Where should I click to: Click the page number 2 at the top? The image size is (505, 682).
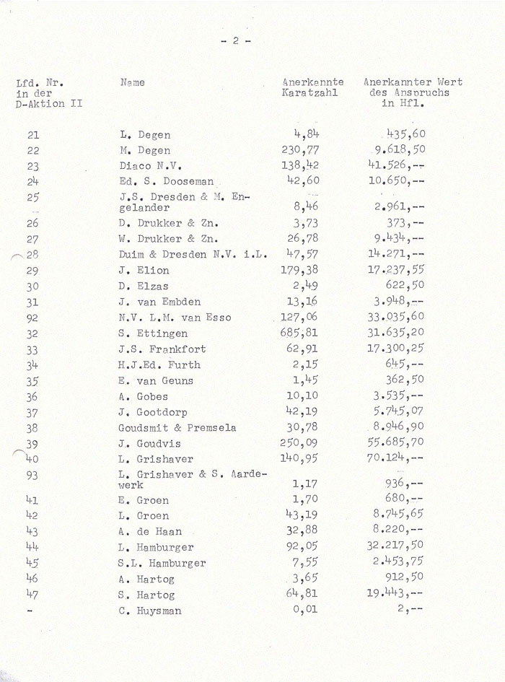pyautogui.click(x=235, y=41)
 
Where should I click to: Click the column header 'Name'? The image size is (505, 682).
pyautogui.click(x=132, y=83)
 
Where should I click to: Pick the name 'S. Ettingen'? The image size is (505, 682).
pyautogui.click(x=153, y=333)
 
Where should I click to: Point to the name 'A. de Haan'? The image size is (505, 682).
pyautogui.click(x=149, y=532)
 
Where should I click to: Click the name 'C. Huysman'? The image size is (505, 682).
pyautogui.click(x=150, y=611)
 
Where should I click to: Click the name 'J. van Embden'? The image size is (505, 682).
pyautogui.click(x=159, y=302)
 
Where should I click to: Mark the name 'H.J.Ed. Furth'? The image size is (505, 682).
pyautogui.click(x=159, y=365)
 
